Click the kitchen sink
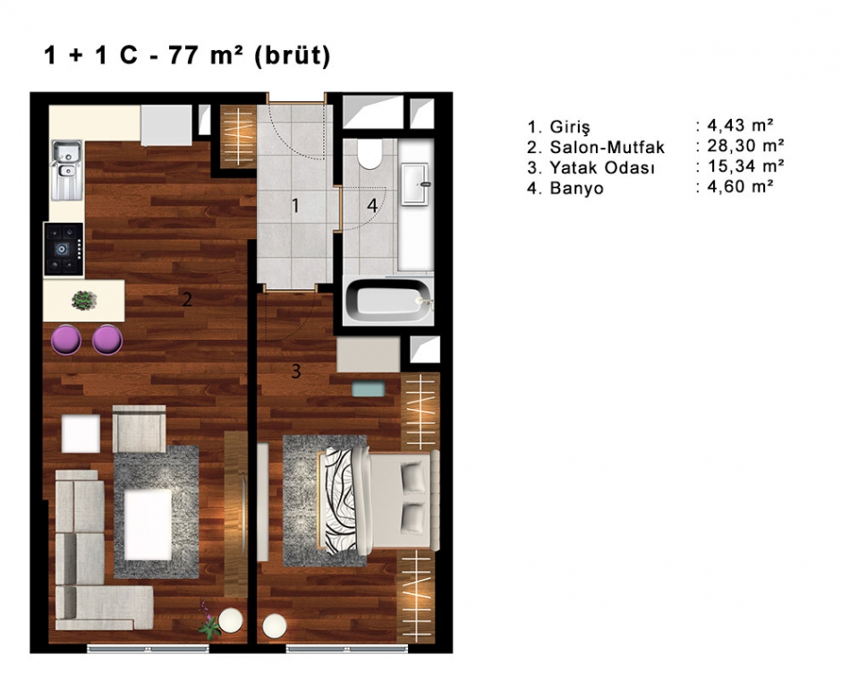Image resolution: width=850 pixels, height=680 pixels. tap(67, 170)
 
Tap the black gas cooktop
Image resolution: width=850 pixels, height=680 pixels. tap(64, 249)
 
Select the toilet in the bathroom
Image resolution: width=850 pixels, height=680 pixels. tap(370, 154)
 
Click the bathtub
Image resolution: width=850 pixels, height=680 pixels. tap(388, 301)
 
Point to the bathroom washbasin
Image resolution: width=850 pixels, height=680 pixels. tap(415, 184)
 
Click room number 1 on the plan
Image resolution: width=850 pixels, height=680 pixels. tap(295, 206)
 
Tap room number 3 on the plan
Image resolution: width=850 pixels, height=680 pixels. tap(296, 371)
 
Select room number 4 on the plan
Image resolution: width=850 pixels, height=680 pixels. tap(372, 206)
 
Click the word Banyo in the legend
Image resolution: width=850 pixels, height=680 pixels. tap(576, 188)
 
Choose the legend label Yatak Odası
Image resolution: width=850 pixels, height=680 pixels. tap(602, 167)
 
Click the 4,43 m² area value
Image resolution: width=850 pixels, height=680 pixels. tap(741, 125)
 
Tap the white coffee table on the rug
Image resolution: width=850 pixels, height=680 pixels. tap(148, 524)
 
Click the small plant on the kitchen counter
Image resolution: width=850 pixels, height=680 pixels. tap(84, 301)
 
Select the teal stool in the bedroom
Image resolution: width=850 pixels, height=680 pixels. tap(368, 389)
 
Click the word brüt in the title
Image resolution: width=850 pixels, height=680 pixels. tap(293, 55)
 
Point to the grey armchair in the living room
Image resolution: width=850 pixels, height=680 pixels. tap(140, 429)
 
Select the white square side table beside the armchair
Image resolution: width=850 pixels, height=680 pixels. tap(81, 433)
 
